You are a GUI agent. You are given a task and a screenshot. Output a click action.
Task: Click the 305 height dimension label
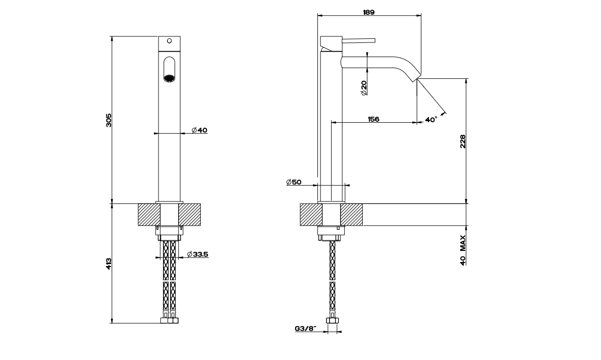click(x=108, y=120)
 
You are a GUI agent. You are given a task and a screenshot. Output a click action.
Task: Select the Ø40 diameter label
click(x=200, y=131)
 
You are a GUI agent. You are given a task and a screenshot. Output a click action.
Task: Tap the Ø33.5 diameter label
click(x=198, y=254)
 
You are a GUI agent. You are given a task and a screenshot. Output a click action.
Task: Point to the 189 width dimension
click(x=369, y=12)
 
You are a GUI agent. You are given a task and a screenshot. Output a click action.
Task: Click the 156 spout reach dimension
click(x=373, y=119)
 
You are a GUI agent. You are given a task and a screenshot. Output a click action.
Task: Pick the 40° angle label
click(x=431, y=120)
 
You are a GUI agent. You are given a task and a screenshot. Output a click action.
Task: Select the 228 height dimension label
click(x=462, y=141)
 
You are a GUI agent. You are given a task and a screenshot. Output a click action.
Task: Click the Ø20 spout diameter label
click(x=363, y=87)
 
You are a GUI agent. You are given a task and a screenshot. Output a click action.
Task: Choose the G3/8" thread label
click(x=305, y=329)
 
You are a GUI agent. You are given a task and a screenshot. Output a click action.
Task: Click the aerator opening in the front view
click(x=169, y=77)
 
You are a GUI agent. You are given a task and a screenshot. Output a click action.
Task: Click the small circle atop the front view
click(x=170, y=40)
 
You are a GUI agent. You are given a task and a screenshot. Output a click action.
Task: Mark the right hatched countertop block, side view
click(x=352, y=215)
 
